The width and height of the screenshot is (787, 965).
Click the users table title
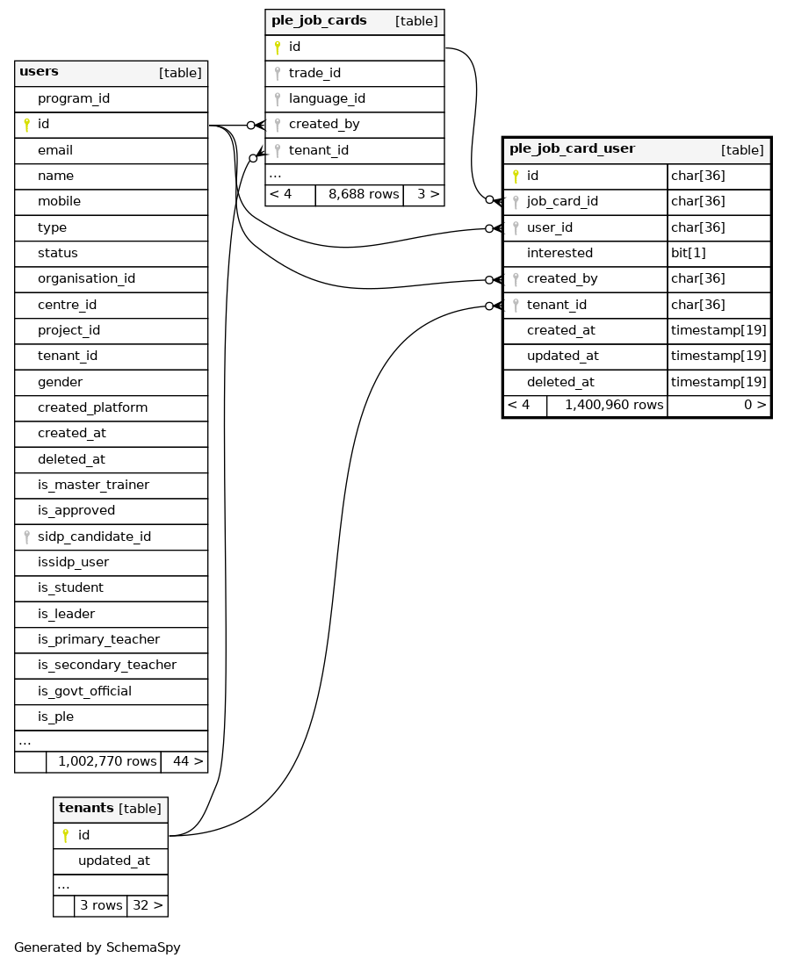(x=39, y=72)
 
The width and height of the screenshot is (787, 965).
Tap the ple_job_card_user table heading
(x=572, y=149)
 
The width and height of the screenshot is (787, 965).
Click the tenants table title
(x=86, y=808)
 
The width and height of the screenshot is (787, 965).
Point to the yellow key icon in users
(x=26, y=125)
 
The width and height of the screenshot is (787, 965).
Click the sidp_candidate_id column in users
(x=94, y=537)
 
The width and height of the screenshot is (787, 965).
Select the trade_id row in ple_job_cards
(x=314, y=73)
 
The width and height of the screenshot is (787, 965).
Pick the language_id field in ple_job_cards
(x=327, y=98)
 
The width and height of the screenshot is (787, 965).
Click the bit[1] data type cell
(x=688, y=253)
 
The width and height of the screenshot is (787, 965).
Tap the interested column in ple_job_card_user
(x=560, y=253)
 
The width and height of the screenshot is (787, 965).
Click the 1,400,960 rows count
(x=614, y=405)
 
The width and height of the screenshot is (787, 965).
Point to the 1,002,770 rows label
(x=107, y=761)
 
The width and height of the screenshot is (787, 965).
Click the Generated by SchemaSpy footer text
(x=97, y=947)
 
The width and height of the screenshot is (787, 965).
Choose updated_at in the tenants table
(x=113, y=861)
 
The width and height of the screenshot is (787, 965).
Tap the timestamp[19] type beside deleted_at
(x=718, y=382)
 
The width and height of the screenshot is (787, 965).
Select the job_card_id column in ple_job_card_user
(x=562, y=201)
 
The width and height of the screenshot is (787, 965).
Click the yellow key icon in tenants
(x=65, y=835)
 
